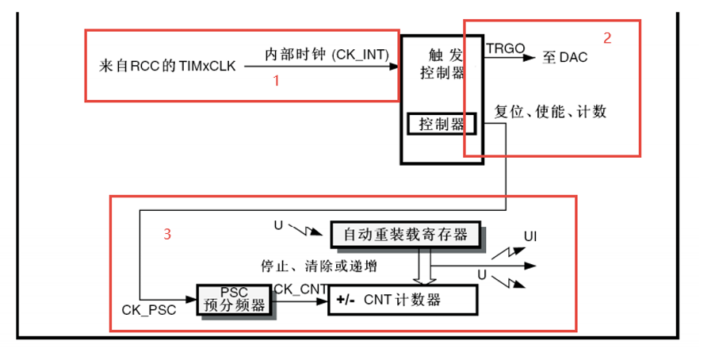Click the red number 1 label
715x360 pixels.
coord(277,80)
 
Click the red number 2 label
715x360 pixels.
coord(607,37)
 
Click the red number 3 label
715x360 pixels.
coord(167,233)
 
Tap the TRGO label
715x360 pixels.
coord(506,48)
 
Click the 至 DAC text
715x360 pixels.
coord(565,58)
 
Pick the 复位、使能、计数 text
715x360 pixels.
coord(550,112)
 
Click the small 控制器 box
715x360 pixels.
coord(441,124)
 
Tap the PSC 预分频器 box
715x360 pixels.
coord(234,299)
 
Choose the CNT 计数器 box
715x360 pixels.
coord(403,300)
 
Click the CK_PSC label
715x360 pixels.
coord(149,310)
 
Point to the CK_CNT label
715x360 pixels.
coord(300,289)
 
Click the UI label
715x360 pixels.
coord(530,236)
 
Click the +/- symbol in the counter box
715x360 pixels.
coord(346,300)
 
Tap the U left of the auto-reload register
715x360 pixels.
coord(278,225)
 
